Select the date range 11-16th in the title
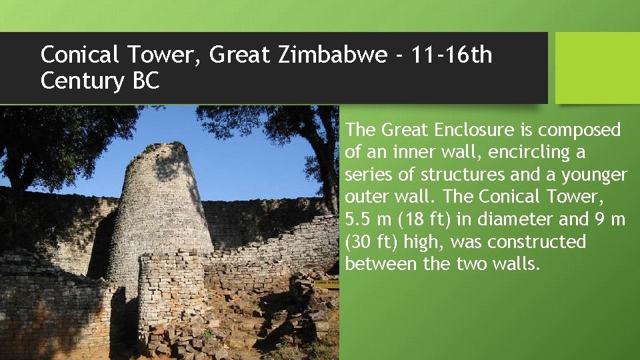(x=450, y=55)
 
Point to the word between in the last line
(x=381, y=264)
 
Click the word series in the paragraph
(x=367, y=175)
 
